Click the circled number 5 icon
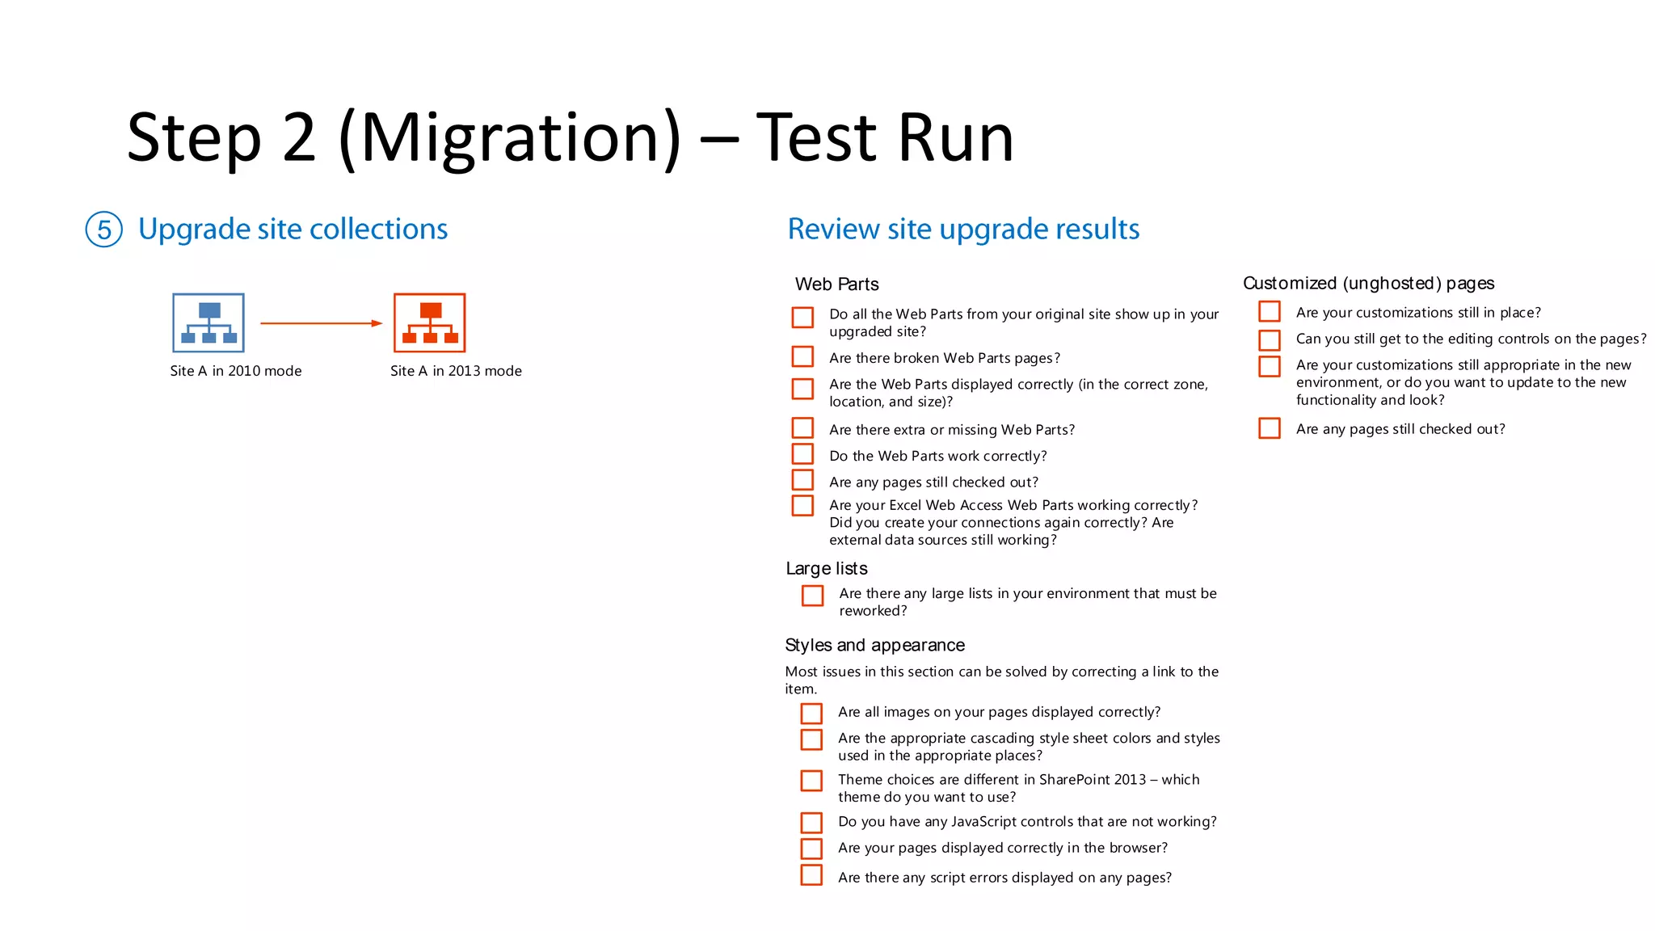(104, 230)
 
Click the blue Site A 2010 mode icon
(208, 322)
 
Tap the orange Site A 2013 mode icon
(430, 322)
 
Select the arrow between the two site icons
(321, 323)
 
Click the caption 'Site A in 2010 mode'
(236, 371)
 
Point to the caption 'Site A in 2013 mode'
(456, 371)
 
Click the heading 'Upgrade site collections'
(293, 230)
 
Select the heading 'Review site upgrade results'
(963, 230)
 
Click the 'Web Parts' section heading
(836, 284)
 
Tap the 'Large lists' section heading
(827, 569)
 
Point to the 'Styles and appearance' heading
(874, 645)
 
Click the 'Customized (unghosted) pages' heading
(1368, 284)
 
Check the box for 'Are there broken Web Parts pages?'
(802, 356)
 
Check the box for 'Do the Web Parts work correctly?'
(802, 454)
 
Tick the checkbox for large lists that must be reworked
(812, 596)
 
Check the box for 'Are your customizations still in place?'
(1270, 312)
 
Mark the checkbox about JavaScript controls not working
(811, 823)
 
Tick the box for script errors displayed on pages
(811, 875)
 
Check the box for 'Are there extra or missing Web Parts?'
(802, 428)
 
